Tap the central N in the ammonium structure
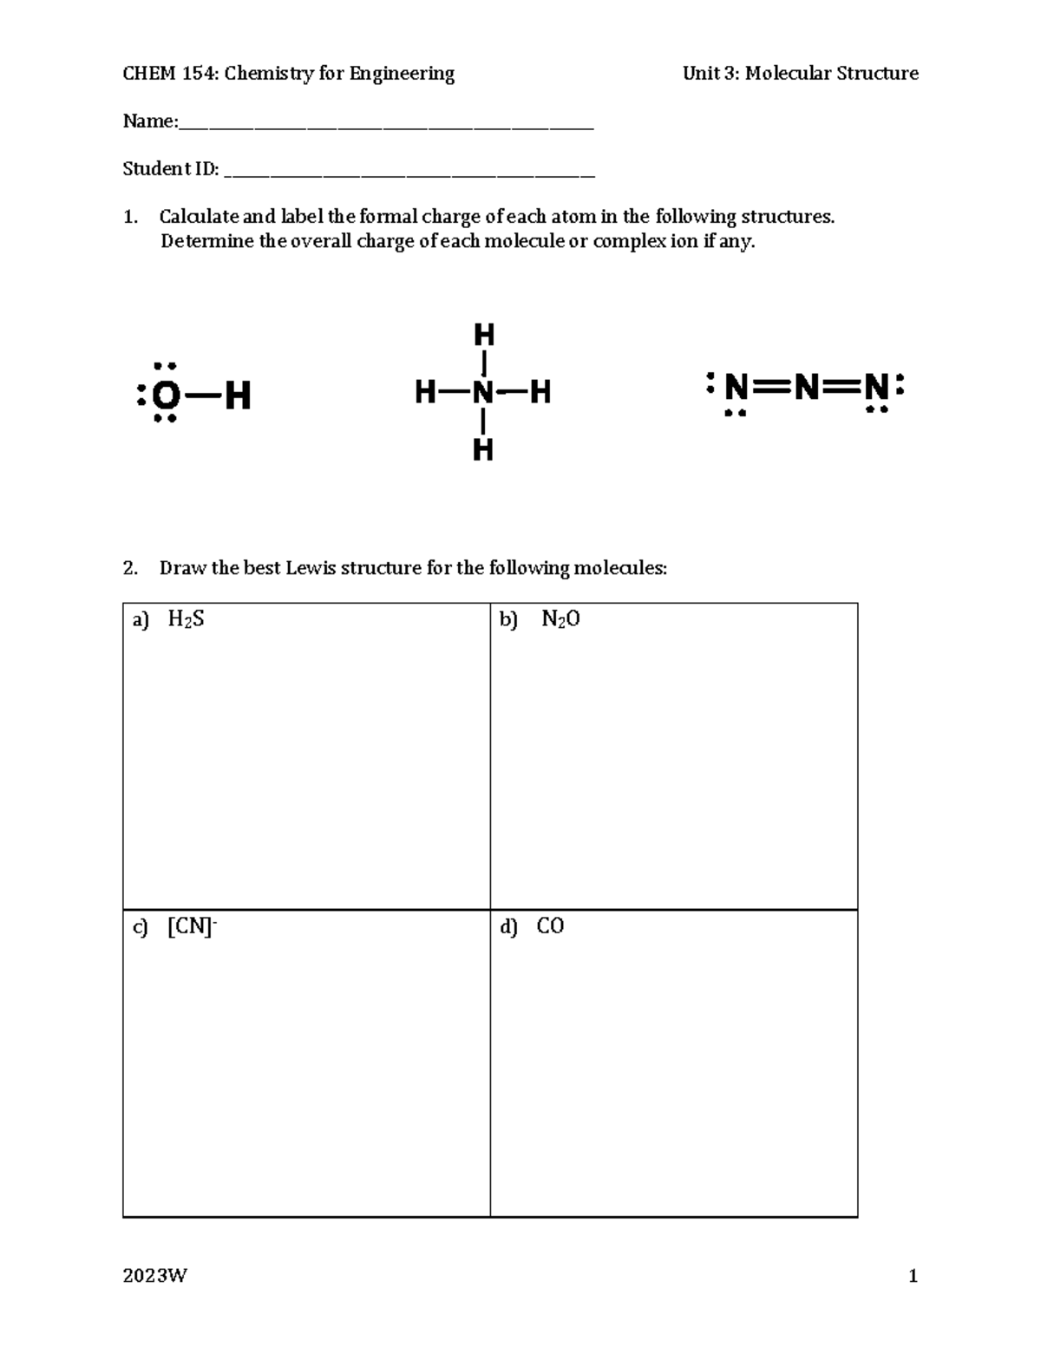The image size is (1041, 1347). (x=483, y=393)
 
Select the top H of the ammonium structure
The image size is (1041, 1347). (x=483, y=334)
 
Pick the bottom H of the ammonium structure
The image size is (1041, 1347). (x=483, y=449)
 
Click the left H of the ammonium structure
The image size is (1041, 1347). (x=425, y=393)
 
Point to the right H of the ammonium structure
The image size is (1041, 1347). (x=540, y=393)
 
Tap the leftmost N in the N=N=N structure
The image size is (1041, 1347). (x=737, y=387)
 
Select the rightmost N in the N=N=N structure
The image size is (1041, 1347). (x=876, y=387)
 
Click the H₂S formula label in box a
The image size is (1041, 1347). (x=186, y=619)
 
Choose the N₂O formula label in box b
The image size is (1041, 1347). (x=560, y=619)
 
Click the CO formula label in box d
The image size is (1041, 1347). (x=550, y=926)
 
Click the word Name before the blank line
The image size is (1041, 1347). (x=147, y=121)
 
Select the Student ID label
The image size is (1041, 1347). (x=170, y=169)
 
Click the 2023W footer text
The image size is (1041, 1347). (x=154, y=1276)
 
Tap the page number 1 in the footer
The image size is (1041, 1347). (x=913, y=1276)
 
